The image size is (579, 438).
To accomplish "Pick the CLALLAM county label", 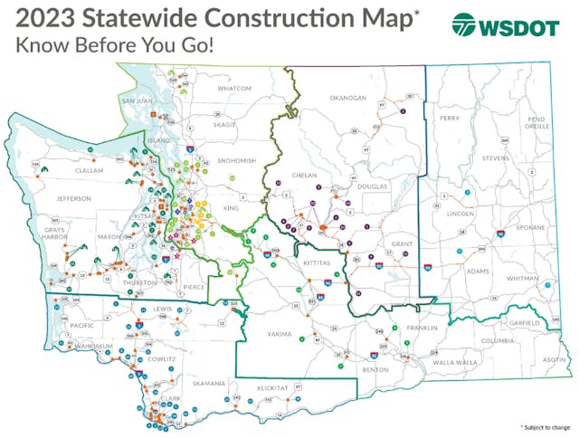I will click(76, 169).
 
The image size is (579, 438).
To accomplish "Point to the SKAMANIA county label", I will click(208, 384).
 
